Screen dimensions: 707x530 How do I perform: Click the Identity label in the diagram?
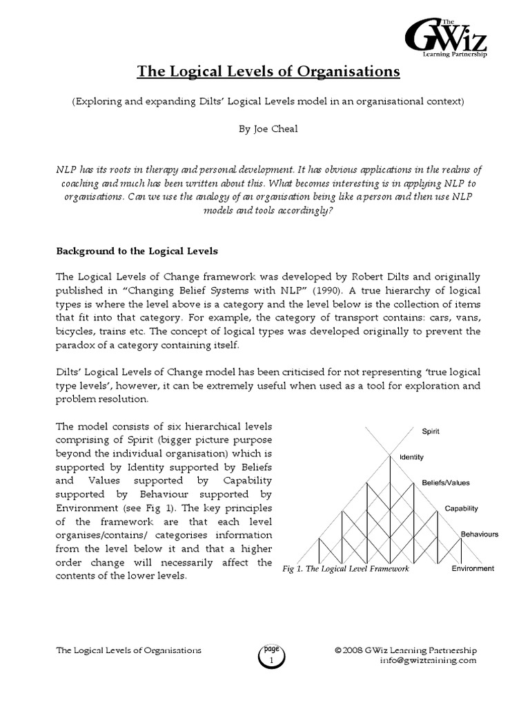pyautogui.click(x=411, y=456)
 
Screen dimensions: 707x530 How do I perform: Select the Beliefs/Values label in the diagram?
pyautogui.click(x=446, y=483)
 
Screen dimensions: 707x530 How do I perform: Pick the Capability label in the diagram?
pyautogui.click(x=461, y=508)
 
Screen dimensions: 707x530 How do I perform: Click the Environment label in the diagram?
pyautogui.click(x=473, y=568)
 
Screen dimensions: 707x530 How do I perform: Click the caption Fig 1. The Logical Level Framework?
pyautogui.click(x=346, y=569)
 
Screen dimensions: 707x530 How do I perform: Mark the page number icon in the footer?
pyautogui.click(x=271, y=654)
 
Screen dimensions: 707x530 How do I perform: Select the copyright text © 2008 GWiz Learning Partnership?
pyautogui.click(x=405, y=650)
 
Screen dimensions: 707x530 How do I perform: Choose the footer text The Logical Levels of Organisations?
pyautogui.click(x=128, y=650)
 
